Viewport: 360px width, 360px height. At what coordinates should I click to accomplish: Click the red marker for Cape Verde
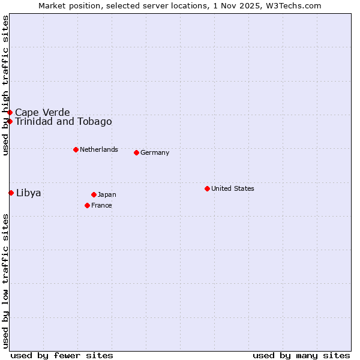point(10,112)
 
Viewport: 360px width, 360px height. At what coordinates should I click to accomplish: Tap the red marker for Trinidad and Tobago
point(10,121)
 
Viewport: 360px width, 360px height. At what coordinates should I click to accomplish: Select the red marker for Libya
point(11,193)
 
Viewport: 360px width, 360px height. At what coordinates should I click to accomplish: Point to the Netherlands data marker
point(76,149)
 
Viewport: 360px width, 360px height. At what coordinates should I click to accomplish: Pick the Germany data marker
point(136,152)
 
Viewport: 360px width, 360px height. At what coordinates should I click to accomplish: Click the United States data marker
point(207,188)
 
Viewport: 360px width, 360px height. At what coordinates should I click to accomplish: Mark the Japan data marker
point(94,194)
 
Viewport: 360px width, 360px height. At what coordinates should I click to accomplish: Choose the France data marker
point(87,205)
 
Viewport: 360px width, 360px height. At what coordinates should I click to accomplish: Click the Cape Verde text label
point(42,112)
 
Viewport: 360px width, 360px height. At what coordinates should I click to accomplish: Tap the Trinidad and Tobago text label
point(63,122)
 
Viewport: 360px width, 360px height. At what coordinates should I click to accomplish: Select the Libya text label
point(28,193)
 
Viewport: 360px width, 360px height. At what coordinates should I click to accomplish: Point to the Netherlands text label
point(98,149)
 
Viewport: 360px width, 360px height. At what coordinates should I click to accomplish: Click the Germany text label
point(155,152)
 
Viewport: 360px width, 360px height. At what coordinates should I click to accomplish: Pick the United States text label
point(232,188)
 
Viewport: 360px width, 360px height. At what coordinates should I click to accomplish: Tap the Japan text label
point(107,194)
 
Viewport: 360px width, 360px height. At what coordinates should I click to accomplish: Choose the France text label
point(101,205)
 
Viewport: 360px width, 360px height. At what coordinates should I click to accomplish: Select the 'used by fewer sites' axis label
point(62,355)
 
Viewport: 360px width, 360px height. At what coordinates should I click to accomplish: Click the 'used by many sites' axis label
point(301,355)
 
